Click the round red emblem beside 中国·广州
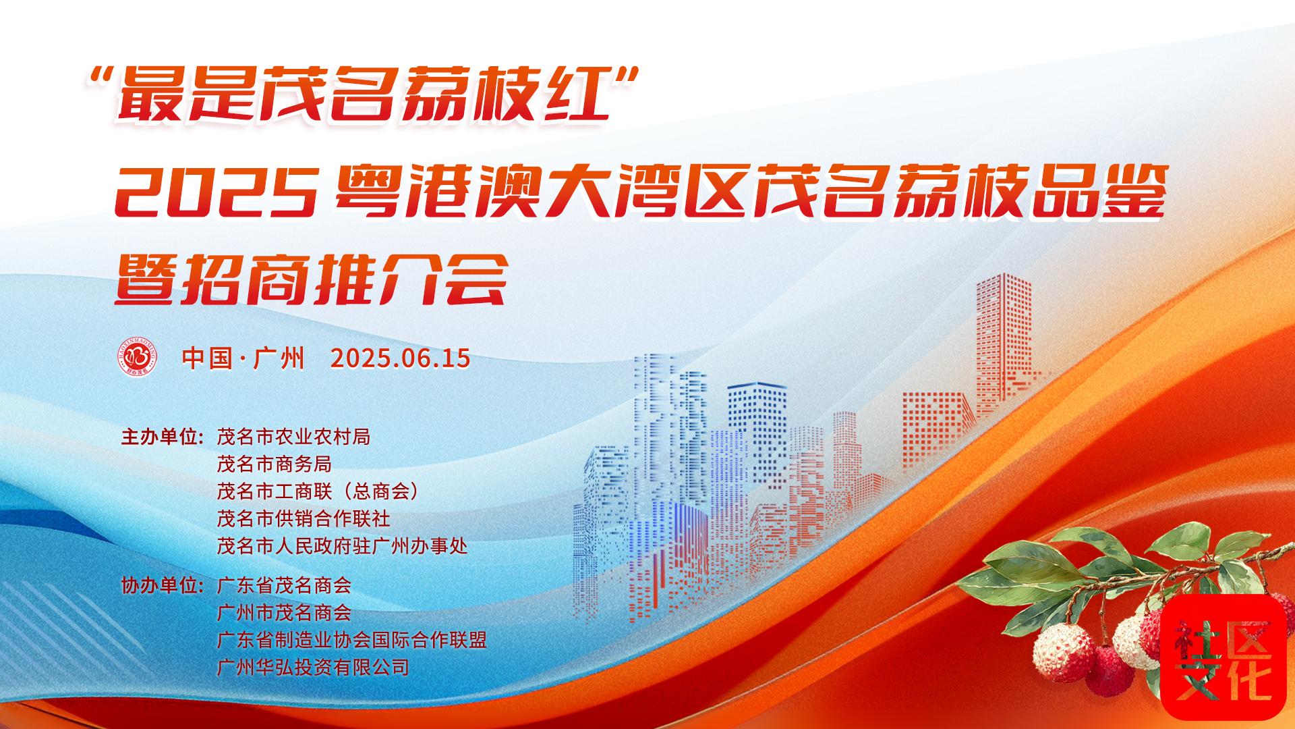click(138, 356)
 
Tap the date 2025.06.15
click(400, 358)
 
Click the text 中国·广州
click(243, 358)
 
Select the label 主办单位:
click(162, 437)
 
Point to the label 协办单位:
click(162, 585)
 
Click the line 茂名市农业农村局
click(293, 437)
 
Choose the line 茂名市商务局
click(274, 464)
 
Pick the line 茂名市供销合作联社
click(303, 518)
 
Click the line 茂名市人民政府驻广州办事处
click(342, 545)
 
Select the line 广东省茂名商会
click(284, 585)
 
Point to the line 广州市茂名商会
click(284, 612)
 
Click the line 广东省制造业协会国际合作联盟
click(351, 639)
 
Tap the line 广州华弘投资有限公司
click(313, 667)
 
